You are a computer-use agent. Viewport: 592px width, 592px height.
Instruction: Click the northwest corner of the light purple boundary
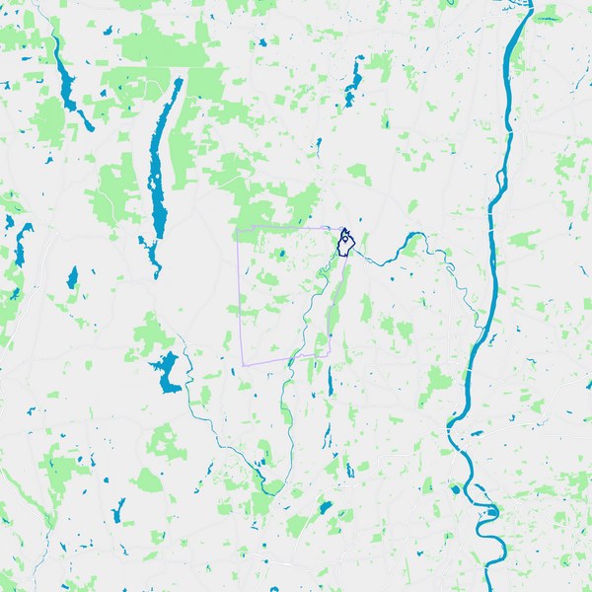pos(237,229)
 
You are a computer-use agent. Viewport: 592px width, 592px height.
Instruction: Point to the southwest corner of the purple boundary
pos(243,366)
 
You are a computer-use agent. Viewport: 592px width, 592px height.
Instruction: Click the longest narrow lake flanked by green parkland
pos(156,178)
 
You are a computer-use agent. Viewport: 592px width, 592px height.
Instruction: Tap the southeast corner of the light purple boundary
pos(329,356)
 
